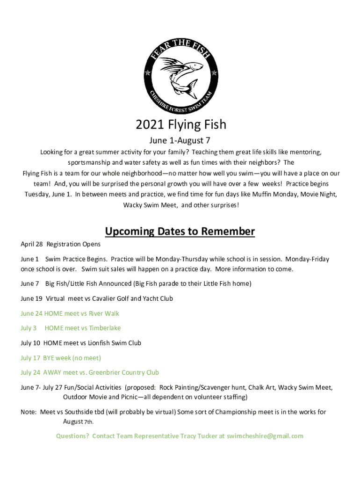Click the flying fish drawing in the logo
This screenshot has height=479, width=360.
pyautogui.click(x=180, y=75)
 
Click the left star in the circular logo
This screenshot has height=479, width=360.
pyautogui.click(x=148, y=73)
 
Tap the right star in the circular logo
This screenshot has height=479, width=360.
pyautogui.click(x=214, y=73)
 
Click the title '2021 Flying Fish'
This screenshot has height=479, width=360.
pyautogui.click(x=180, y=124)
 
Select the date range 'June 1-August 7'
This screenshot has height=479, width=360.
pyautogui.click(x=180, y=140)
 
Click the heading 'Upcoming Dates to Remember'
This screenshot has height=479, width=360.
pyautogui.click(x=180, y=232)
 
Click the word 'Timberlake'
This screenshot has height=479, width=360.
pyautogui.click(x=105, y=328)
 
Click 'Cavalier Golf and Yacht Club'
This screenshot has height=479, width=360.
pyautogui.click(x=129, y=298)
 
